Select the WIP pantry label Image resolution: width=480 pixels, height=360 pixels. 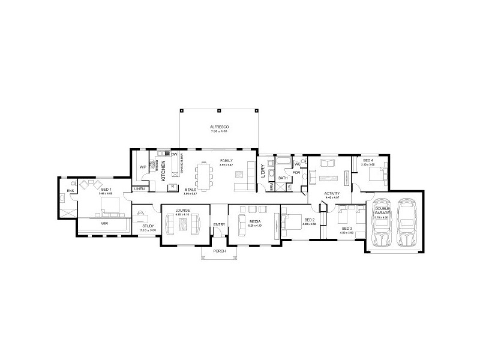click(143, 166)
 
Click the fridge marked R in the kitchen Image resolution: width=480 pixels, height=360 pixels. click(172, 187)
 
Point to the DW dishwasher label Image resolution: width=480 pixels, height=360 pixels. click(174, 155)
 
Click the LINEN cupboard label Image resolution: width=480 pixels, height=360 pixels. click(139, 188)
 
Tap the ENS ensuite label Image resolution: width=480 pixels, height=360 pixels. click(70, 191)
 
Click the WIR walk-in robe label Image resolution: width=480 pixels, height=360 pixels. click(104, 223)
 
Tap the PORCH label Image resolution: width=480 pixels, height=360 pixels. click(219, 251)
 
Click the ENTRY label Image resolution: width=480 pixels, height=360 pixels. click(219, 225)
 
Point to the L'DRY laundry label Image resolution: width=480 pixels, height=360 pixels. click(263, 172)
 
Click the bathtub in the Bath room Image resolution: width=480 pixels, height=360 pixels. click(281, 163)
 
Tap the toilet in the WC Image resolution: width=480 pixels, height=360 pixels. click(303, 161)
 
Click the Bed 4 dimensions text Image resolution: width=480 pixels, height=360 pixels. click(368, 164)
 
